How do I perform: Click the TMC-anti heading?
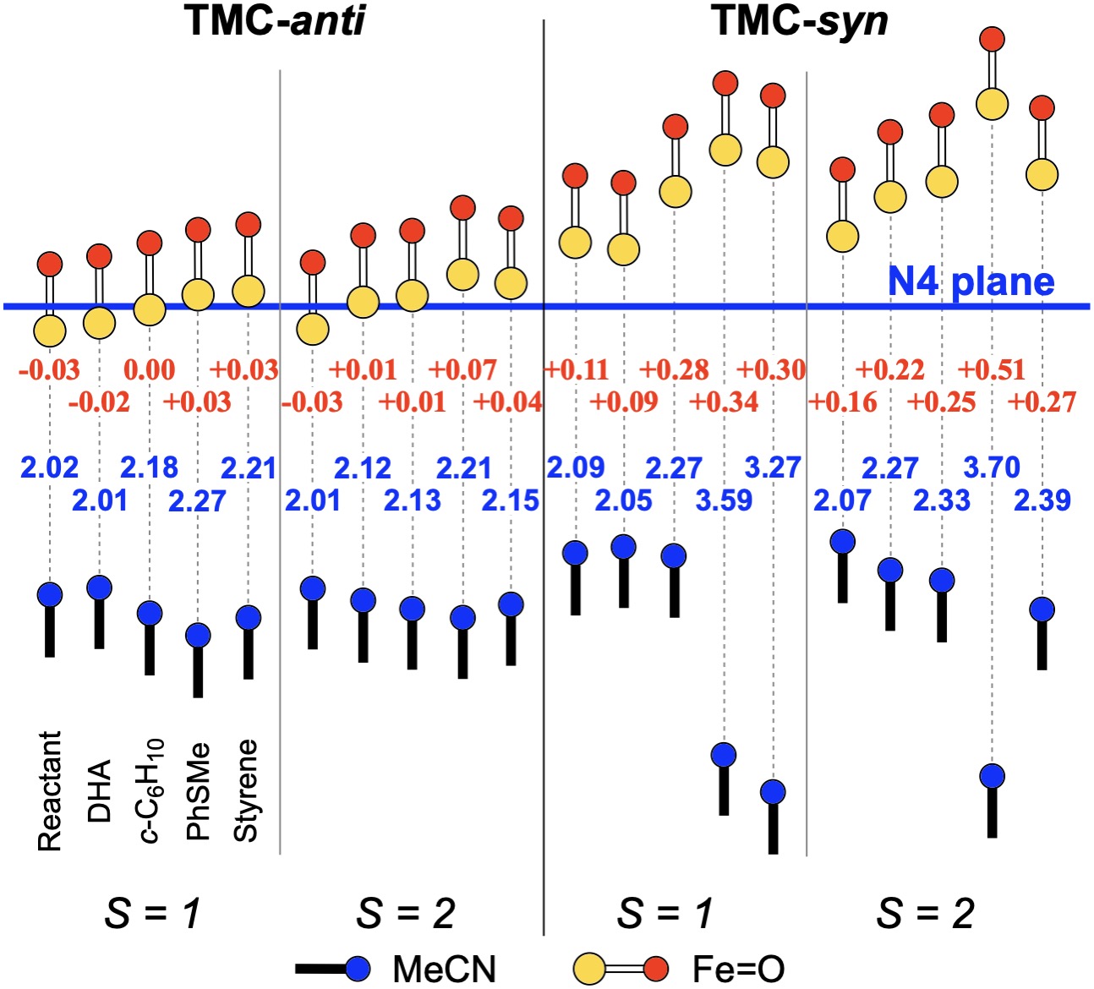(x=275, y=20)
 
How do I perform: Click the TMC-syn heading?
(x=800, y=20)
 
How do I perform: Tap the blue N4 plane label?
(x=971, y=281)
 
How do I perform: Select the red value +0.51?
(x=992, y=369)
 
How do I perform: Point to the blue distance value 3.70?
(x=992, y=467)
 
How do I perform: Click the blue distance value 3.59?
(x=724, y=500)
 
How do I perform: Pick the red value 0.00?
(x=149, y=369)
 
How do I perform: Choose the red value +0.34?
(x=724, y=402)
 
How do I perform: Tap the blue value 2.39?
(x=1042, y=500)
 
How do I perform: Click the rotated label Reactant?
(x=50, y=791)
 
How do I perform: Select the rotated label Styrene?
(x=245, y=791)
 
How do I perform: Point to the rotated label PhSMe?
(x=197, y=793)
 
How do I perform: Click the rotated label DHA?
(x=99, y=791)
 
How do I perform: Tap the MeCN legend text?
(x=445, y=970)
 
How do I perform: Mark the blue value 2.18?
(x=149, y=467)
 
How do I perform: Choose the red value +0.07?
(x=462, y=369)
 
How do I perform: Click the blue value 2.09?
(x=576, y=467)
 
